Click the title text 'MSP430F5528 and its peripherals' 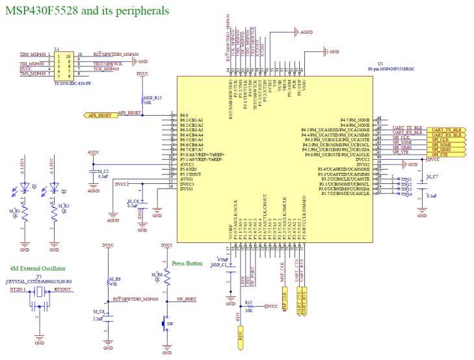point(87,11)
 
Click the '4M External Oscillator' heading point(37,268)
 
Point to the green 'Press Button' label point(188,264)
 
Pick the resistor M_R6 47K point(108,281)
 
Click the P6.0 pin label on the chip point(183,114)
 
